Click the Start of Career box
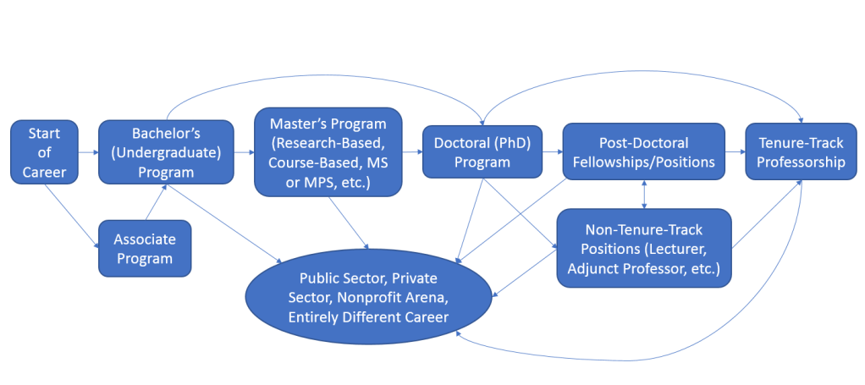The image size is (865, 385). pos(45,152)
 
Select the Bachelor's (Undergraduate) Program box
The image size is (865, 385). pos(166,152)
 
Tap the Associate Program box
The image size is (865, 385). pos(144,248)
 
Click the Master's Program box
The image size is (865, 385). pos(328,152)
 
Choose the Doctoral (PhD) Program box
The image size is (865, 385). pos(482,152)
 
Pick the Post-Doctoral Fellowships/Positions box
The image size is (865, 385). pos(644,152)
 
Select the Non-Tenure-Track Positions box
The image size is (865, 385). pos(644,249)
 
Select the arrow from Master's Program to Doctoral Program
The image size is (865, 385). pos(411,153)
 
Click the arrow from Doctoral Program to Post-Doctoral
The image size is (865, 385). pos(551,153)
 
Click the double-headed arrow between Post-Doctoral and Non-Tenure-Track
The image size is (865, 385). pos(645,194)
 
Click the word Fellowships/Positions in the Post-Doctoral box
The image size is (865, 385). pos(644,162)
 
